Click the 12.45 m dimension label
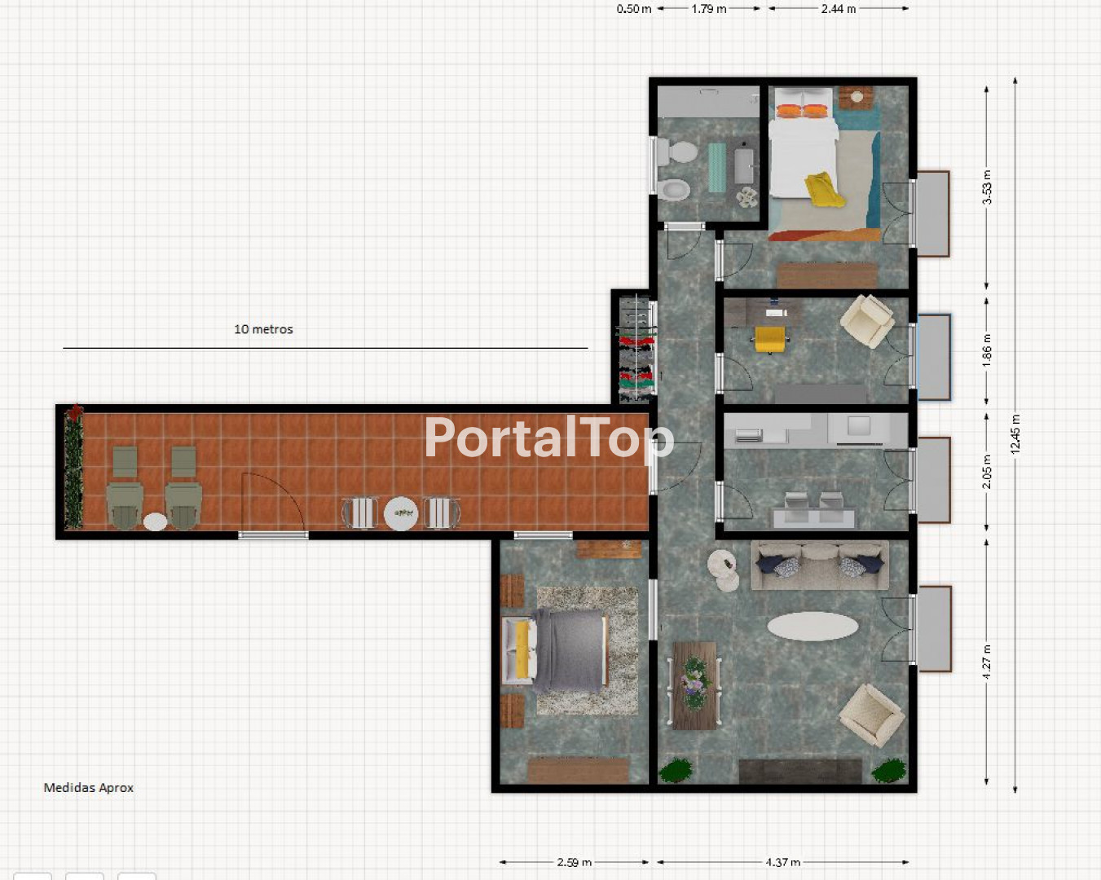tap(1016, 433)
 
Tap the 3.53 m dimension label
tap(987, 187)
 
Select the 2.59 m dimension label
tap(574, 863)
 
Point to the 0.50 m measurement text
tap(634, 9)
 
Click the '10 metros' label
tap(263, 329)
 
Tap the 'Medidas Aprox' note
tap(89, 788)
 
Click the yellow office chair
tap(770, 339)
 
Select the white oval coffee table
tap(813, 627)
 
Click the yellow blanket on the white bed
tap(824, 189)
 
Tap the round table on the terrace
tap(401, 513)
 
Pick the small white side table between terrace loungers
tap(155, 521)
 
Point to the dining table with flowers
tap(694, 685)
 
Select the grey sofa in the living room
tap(820, 565)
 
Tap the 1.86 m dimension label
tap(987, 350)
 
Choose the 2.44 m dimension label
tap(839, 9)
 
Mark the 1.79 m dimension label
tap(708, 9)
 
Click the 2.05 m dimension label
tap(987, 471)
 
